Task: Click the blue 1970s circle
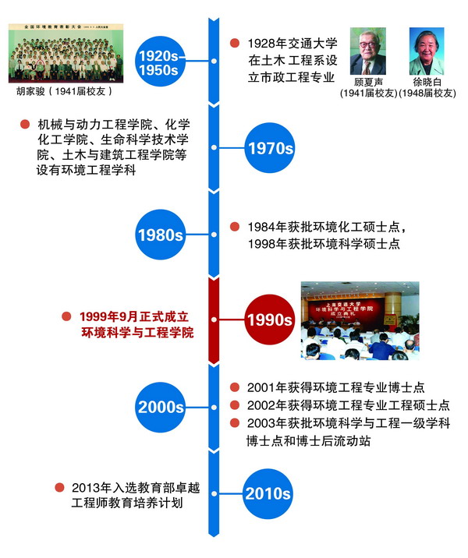pos(268,147)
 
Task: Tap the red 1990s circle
pos(268,320)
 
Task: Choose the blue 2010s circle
pos(268,493)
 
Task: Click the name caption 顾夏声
pos(367,83)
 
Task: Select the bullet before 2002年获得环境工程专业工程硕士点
pos(234,404)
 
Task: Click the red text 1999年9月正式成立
pos(136,317)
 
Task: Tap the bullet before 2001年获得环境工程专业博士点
pos(234,387)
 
